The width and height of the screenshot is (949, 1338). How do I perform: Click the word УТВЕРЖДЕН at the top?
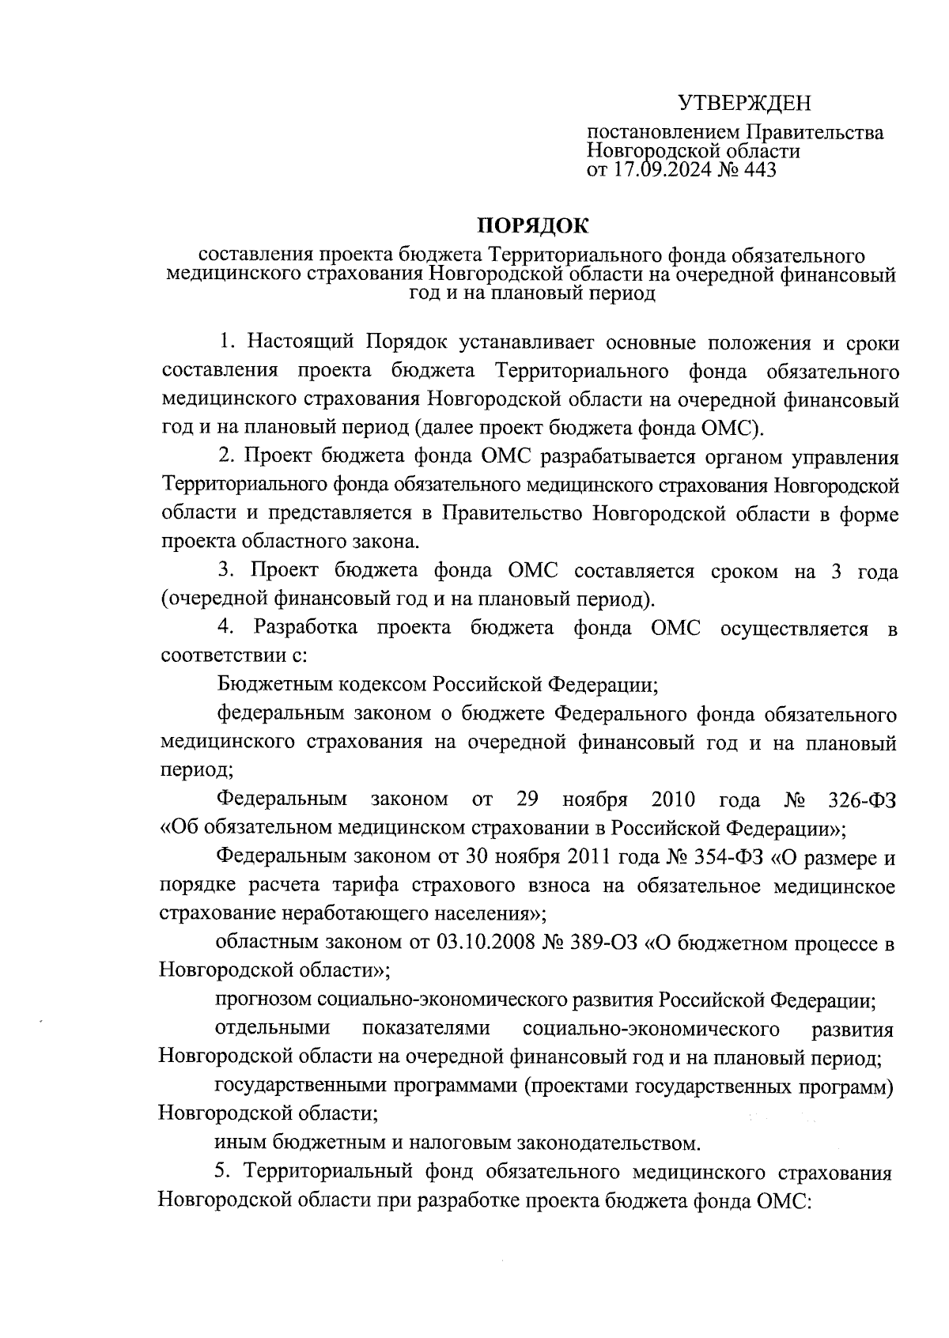(x=746, y=104)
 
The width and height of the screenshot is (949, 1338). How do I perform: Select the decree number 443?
(x=756, y=169)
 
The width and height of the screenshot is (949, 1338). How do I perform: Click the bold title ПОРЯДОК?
(x=532, y=225)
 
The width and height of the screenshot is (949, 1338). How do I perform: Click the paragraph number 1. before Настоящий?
(x=229, y=343)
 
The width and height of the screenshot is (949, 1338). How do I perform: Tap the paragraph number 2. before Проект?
(x=228, y=457)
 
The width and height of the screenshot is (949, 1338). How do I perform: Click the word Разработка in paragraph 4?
(x=305, y=628)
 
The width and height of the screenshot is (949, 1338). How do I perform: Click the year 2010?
(x=673, y=799)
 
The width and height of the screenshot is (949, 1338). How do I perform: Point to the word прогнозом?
(x=263, y=1000)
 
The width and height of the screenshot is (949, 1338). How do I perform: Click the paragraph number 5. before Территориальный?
(x=227, y=1172)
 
